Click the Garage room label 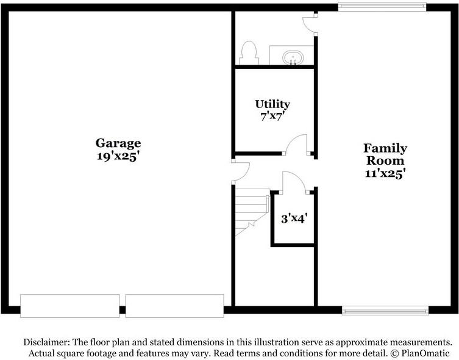[x=118, y=143]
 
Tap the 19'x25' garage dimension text [x=117, y=156]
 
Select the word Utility [x=272, y=104]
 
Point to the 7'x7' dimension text [x=272, y=117]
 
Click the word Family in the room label [x=385, y=148]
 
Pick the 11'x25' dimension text [x=385, y=173]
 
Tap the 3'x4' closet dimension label [x=294, y=218]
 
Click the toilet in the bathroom [x=249, y=52]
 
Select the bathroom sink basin [x=293, y=58]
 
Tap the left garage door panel [x=69, y=306]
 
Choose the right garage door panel [x=175, y=306]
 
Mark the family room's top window [x=382, y=7]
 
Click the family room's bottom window [x=385, y=311]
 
